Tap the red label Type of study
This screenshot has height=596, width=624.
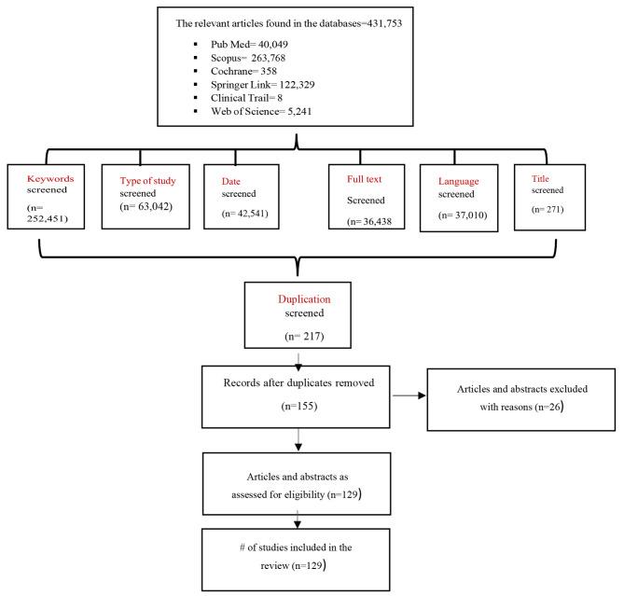point(154,179)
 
